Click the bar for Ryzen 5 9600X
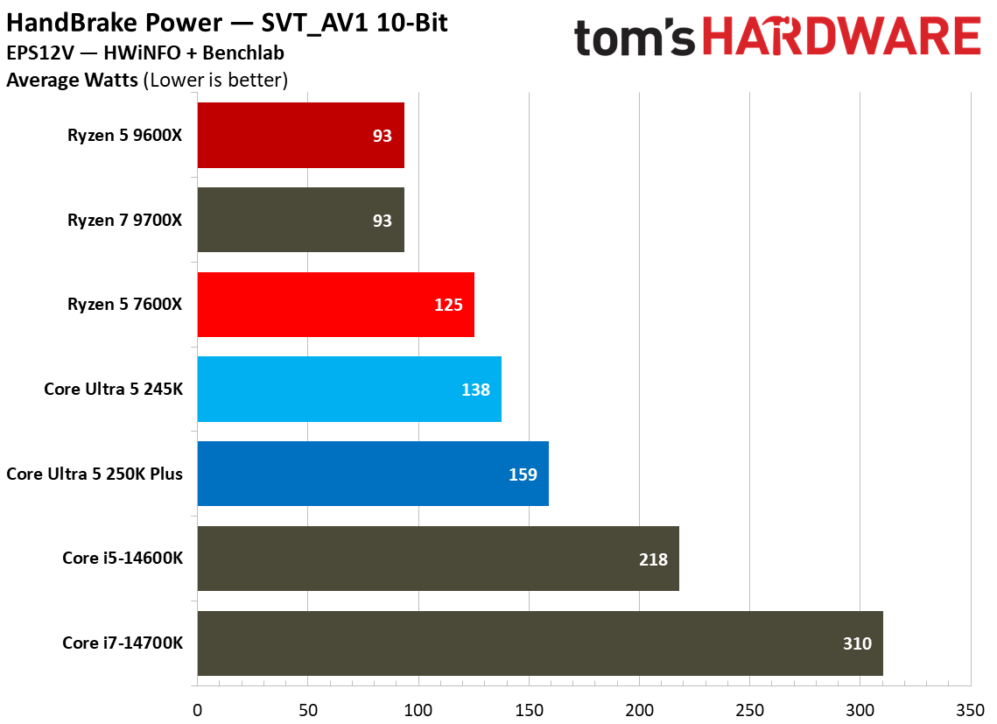(x=300, y=136)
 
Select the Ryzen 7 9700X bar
(x=300, y=220)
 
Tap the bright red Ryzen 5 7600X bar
(x=335, y=305)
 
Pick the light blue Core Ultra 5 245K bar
(x=349, y=390)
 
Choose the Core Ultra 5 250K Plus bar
(x=373, y=474)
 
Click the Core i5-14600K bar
(x=438, y=559)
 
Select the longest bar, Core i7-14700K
(x=540, y=643)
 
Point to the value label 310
(x=857, y=643)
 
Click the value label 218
(x=653, y=559)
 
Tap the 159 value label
(x=523, y=474)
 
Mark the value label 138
(x=475, y=390)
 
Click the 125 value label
(x=448, y=305)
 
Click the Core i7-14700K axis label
(x=123, y=643)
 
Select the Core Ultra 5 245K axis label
(x=114, y=390)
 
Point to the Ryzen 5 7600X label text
(x=125, y=305)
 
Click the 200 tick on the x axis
(x=639, y=707)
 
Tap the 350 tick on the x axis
(x=970, y=707)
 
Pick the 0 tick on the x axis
(x=198, y=707)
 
